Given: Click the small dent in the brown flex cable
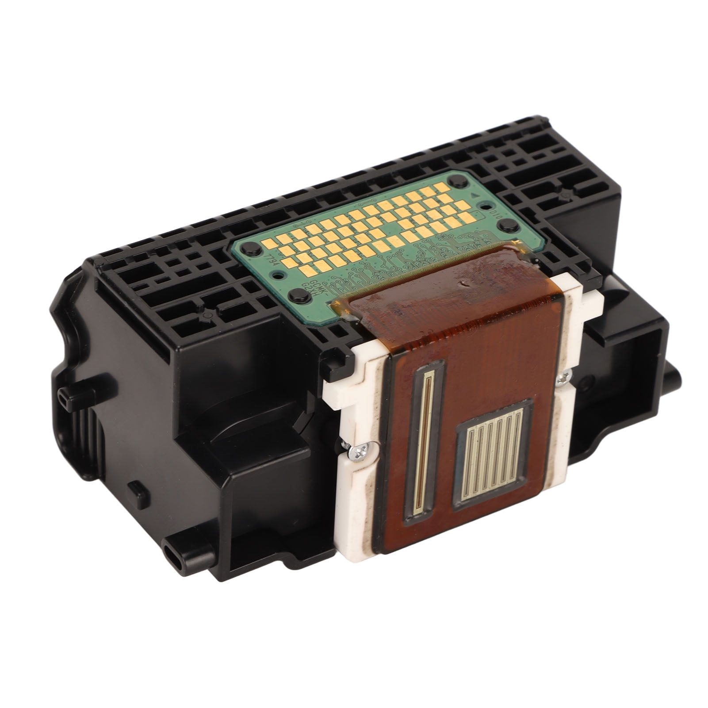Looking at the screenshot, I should [463, 282].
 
